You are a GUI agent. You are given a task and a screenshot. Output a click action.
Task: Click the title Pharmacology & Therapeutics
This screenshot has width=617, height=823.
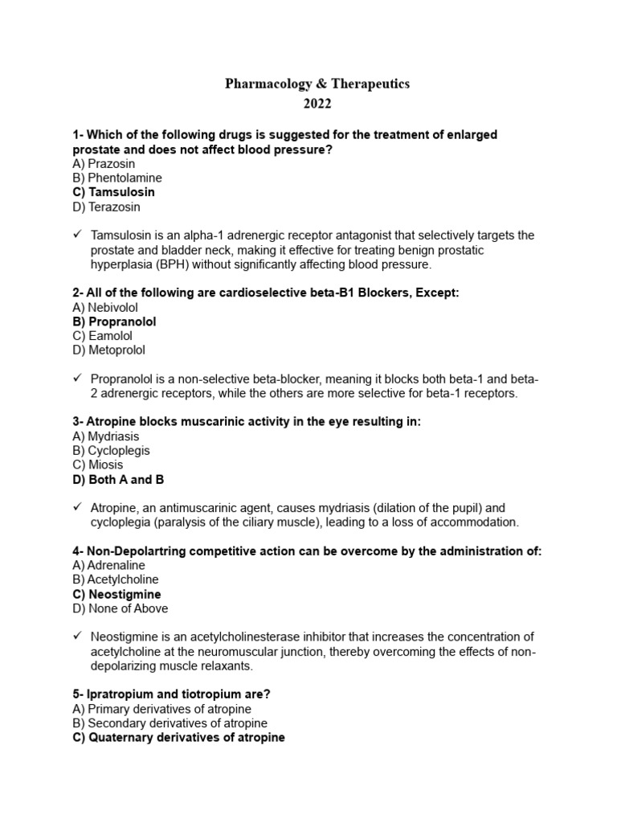[317, 84]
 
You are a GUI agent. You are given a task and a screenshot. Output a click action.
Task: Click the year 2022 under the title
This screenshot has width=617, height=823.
[317, 104]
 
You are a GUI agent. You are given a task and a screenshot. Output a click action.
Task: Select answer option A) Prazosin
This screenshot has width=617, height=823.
[104, 163]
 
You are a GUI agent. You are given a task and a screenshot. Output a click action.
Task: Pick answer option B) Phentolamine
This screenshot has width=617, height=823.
[117, 178]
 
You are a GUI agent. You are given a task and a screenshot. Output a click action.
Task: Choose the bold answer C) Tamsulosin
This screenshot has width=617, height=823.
[113, 192]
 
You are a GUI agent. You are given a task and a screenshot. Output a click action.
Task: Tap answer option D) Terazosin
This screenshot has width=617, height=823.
[106, 207]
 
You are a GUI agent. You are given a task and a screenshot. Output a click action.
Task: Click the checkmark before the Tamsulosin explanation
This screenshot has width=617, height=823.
[77, 235]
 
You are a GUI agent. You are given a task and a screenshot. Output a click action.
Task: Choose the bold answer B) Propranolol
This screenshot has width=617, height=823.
[114, 321]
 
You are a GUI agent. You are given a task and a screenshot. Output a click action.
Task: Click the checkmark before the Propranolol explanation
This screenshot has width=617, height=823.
[77, 379]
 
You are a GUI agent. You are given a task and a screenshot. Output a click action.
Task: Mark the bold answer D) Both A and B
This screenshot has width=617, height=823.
[118, 480]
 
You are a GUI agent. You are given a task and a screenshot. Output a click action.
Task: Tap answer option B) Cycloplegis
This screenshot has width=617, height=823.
[111, 451]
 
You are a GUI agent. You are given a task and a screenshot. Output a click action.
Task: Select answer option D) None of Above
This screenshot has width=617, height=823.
[120, 608]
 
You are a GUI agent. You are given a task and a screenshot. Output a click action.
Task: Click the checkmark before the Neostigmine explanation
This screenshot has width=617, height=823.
[77, 637]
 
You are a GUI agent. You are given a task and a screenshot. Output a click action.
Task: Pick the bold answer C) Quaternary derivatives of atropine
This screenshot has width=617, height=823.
[178, 737]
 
